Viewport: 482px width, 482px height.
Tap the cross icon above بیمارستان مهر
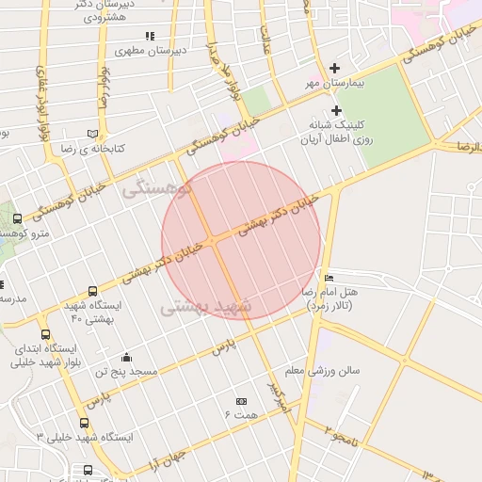click(336, 68)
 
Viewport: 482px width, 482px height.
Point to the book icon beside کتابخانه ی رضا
click(91, 135)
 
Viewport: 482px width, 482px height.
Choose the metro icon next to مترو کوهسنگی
click(17, 219)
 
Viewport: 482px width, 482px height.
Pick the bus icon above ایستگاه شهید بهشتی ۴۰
click(92, 292)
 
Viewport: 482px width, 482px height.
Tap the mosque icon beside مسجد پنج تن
click(126, 358)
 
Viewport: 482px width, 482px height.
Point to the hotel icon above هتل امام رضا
click(328, 278)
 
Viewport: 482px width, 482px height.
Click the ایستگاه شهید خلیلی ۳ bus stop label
click(85, 439)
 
